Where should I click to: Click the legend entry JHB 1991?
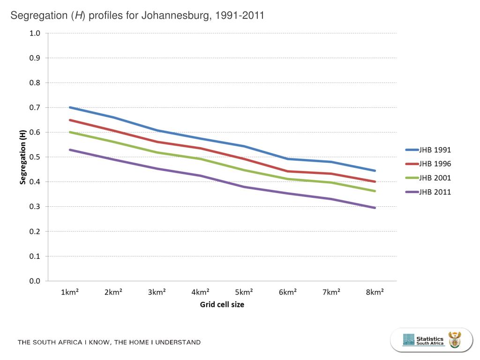(435, 150)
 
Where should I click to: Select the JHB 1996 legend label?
(435, 164)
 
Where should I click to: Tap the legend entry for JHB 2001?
(435, 178)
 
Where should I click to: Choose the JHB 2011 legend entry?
(435, 192)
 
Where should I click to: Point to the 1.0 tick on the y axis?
(35, 33)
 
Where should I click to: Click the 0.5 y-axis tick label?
(35, 157)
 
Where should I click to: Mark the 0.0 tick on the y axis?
(35, 281)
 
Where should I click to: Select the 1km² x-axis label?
(70, 292)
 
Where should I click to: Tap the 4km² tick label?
(201, 292)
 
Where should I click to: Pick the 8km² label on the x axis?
(375, 292)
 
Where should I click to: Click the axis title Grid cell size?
(222, 305)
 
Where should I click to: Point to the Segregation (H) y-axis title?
(22, 157)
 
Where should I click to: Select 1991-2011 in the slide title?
(238, 15)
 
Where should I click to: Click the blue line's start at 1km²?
(70, 107)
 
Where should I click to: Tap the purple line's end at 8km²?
(375, 208)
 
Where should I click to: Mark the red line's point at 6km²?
(288, 171)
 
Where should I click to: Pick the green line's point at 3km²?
(157, 152)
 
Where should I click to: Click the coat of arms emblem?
(455, 340)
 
